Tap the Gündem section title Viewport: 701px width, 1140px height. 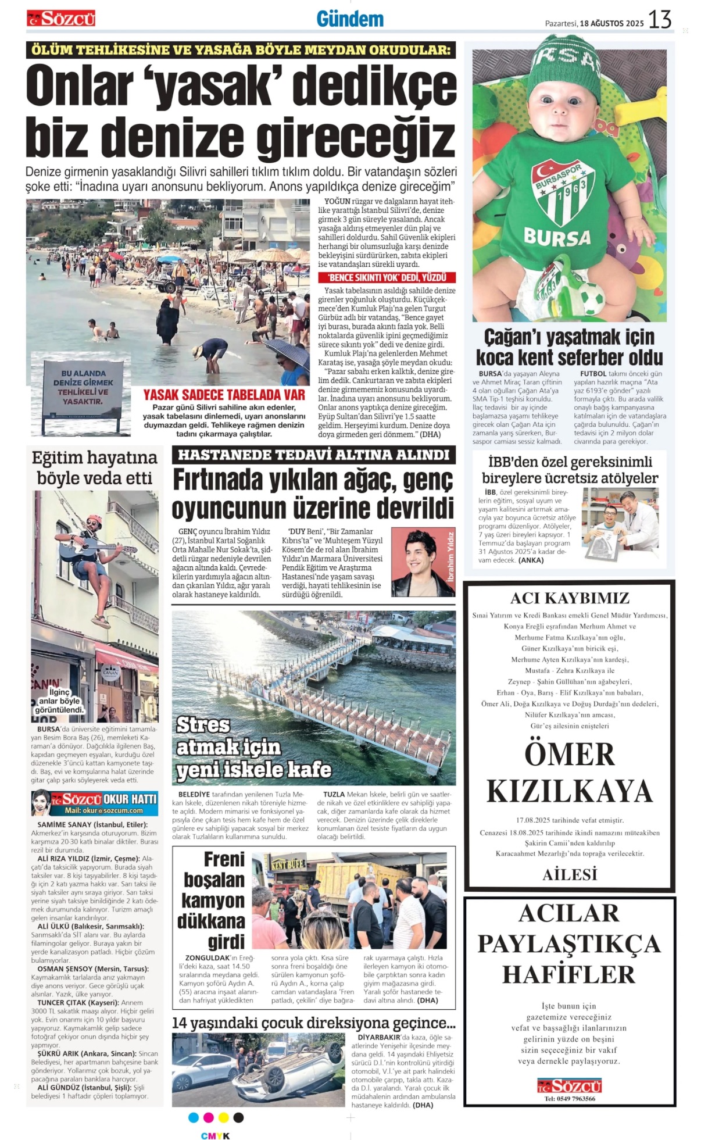350,19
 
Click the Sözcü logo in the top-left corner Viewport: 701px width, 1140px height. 61,19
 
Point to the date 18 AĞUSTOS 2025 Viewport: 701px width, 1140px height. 612,23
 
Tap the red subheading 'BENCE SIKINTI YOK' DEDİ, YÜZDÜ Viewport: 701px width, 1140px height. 387,277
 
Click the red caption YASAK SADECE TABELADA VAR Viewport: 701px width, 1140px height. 224,395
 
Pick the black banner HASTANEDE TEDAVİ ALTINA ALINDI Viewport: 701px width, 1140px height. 313,455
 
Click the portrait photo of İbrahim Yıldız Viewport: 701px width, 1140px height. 423,562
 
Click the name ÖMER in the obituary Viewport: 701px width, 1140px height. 569,755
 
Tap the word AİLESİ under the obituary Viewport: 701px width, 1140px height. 570,874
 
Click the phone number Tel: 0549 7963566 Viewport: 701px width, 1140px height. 569,1098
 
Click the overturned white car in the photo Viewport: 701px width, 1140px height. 299,1068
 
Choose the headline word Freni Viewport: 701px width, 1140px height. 224,859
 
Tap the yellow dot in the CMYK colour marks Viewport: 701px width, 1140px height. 223,1117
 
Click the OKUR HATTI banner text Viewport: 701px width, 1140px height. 130,799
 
